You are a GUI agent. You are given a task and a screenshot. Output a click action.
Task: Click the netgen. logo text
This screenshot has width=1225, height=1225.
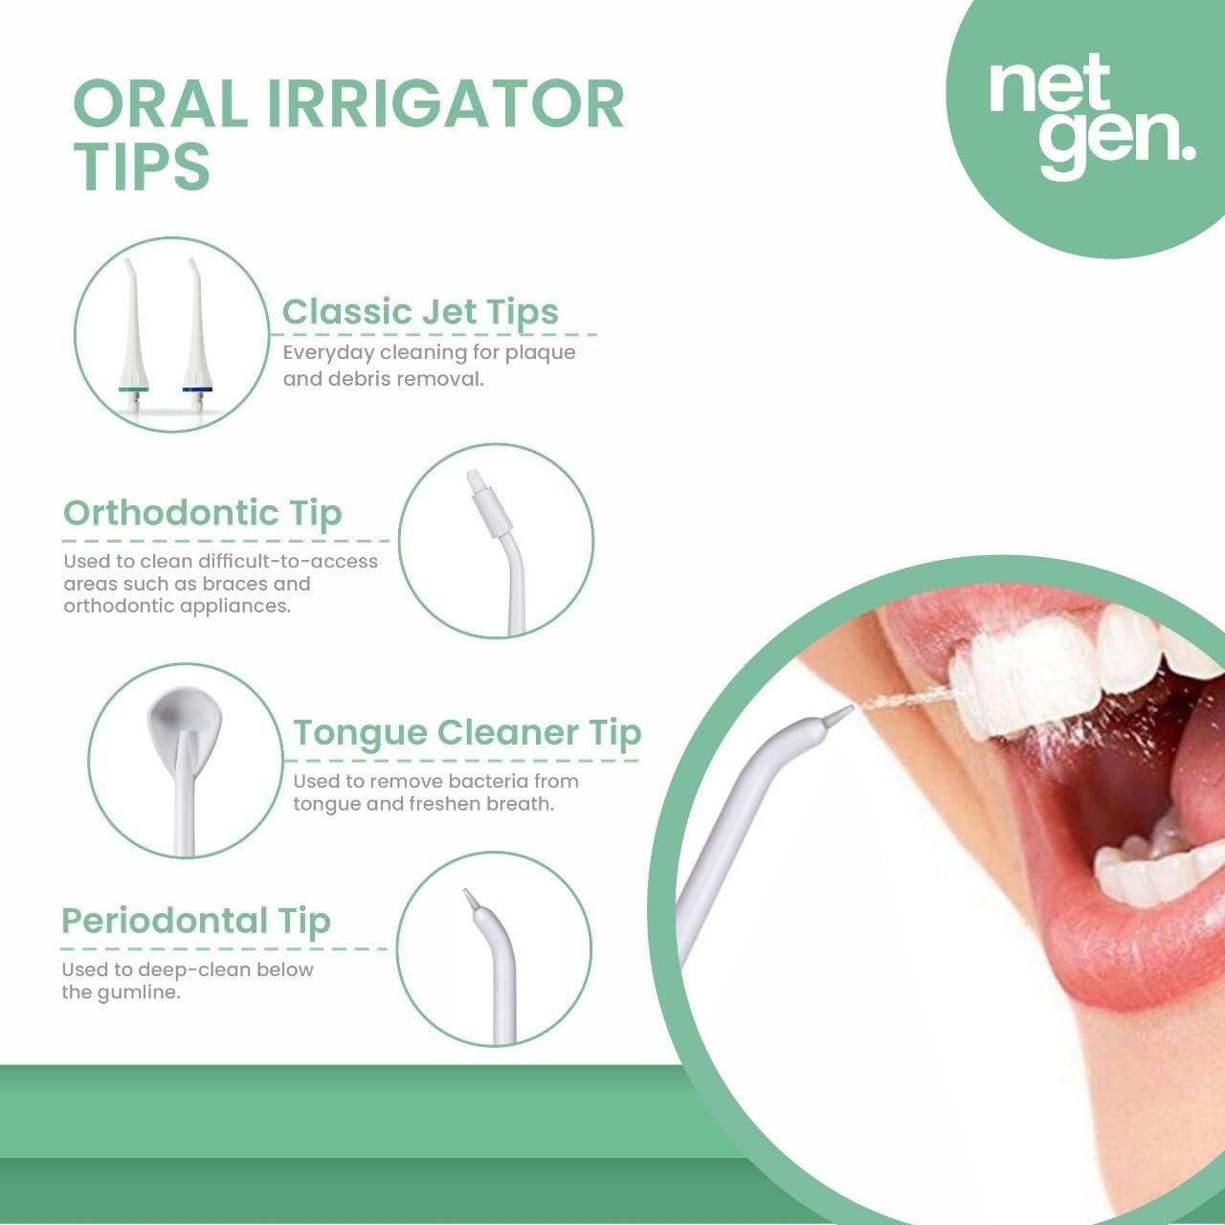click(1090, 119)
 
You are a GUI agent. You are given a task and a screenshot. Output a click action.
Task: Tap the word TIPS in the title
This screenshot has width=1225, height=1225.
click(142, 166)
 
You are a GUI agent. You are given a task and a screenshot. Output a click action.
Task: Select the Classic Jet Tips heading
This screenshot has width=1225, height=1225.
click(420, 312)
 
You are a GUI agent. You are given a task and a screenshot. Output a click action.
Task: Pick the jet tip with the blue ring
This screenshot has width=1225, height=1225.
click(195, 335)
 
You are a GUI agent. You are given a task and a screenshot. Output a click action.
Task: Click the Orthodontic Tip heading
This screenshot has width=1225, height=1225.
click(202, 513)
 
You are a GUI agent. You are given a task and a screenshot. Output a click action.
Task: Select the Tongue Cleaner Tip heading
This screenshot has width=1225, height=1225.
click(466, 732)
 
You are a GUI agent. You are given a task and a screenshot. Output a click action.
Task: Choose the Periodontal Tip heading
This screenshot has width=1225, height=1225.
click(195, 921)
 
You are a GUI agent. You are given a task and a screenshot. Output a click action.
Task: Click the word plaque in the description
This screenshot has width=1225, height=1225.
click(546, 353)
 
